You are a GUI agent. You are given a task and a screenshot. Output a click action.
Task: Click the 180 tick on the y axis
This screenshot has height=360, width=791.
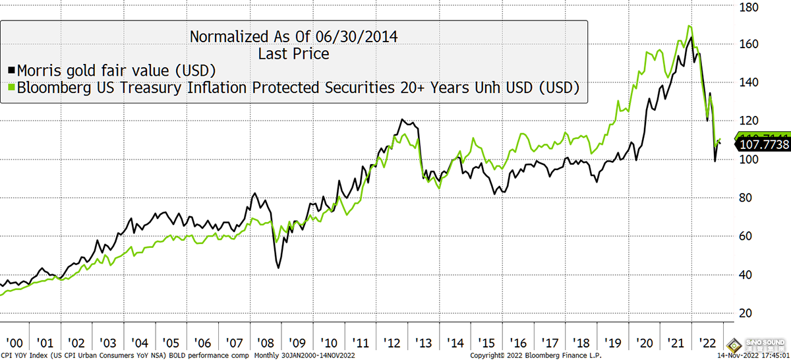click(748, 7)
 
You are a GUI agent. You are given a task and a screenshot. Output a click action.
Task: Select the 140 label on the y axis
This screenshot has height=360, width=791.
click(748, 83)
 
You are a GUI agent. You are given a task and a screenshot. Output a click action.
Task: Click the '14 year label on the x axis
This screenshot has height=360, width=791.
click(454, 343)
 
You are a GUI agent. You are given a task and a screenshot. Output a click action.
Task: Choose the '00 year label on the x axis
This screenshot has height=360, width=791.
click(15, 343)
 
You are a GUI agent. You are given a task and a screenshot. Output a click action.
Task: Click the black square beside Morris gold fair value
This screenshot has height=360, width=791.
click(12, 69)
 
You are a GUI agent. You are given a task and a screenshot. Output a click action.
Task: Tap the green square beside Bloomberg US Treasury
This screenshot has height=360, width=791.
click(12, 87)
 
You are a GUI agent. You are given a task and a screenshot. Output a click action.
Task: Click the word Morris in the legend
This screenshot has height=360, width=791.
click(42, 69)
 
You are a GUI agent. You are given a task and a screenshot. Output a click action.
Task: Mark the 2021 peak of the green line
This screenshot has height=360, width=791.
click(689, 26)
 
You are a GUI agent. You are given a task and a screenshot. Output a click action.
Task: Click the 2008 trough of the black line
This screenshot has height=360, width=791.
click(279, 267)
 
